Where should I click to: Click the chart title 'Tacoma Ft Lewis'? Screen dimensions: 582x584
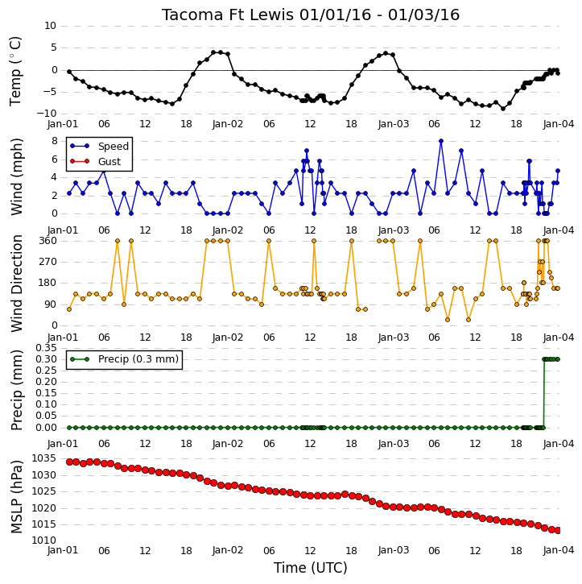[x=227, y=15]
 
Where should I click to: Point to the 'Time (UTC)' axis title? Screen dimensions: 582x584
[x=311, y=568]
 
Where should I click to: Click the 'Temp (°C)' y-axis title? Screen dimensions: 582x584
[x=15, y=71]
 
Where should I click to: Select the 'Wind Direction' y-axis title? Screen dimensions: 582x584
[x=16, y=284]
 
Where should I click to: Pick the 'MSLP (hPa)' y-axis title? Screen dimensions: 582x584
[x=16, y=497]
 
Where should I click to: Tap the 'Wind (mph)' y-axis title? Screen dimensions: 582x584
[x=16, y=176]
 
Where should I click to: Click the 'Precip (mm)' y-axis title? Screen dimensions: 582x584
[x=16, y=391]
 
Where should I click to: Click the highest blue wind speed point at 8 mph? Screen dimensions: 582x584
[x=441, y=141]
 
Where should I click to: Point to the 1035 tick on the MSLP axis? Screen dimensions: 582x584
[x=43, y=458]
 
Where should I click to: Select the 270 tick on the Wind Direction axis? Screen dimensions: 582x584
[x=48, y=262]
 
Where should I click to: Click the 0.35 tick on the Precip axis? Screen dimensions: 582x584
[x=46, y=348]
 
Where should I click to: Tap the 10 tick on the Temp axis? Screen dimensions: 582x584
[x=50, y=26]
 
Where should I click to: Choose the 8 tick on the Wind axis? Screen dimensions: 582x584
[x=54, y=141]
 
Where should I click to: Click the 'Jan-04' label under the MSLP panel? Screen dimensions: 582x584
[x=559, y=550]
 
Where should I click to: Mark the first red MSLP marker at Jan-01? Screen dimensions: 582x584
[x=69, y=462]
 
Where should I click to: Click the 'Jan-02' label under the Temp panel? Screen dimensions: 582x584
[x=228, y=124]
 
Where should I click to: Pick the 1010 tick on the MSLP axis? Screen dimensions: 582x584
[x=43, y=541]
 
